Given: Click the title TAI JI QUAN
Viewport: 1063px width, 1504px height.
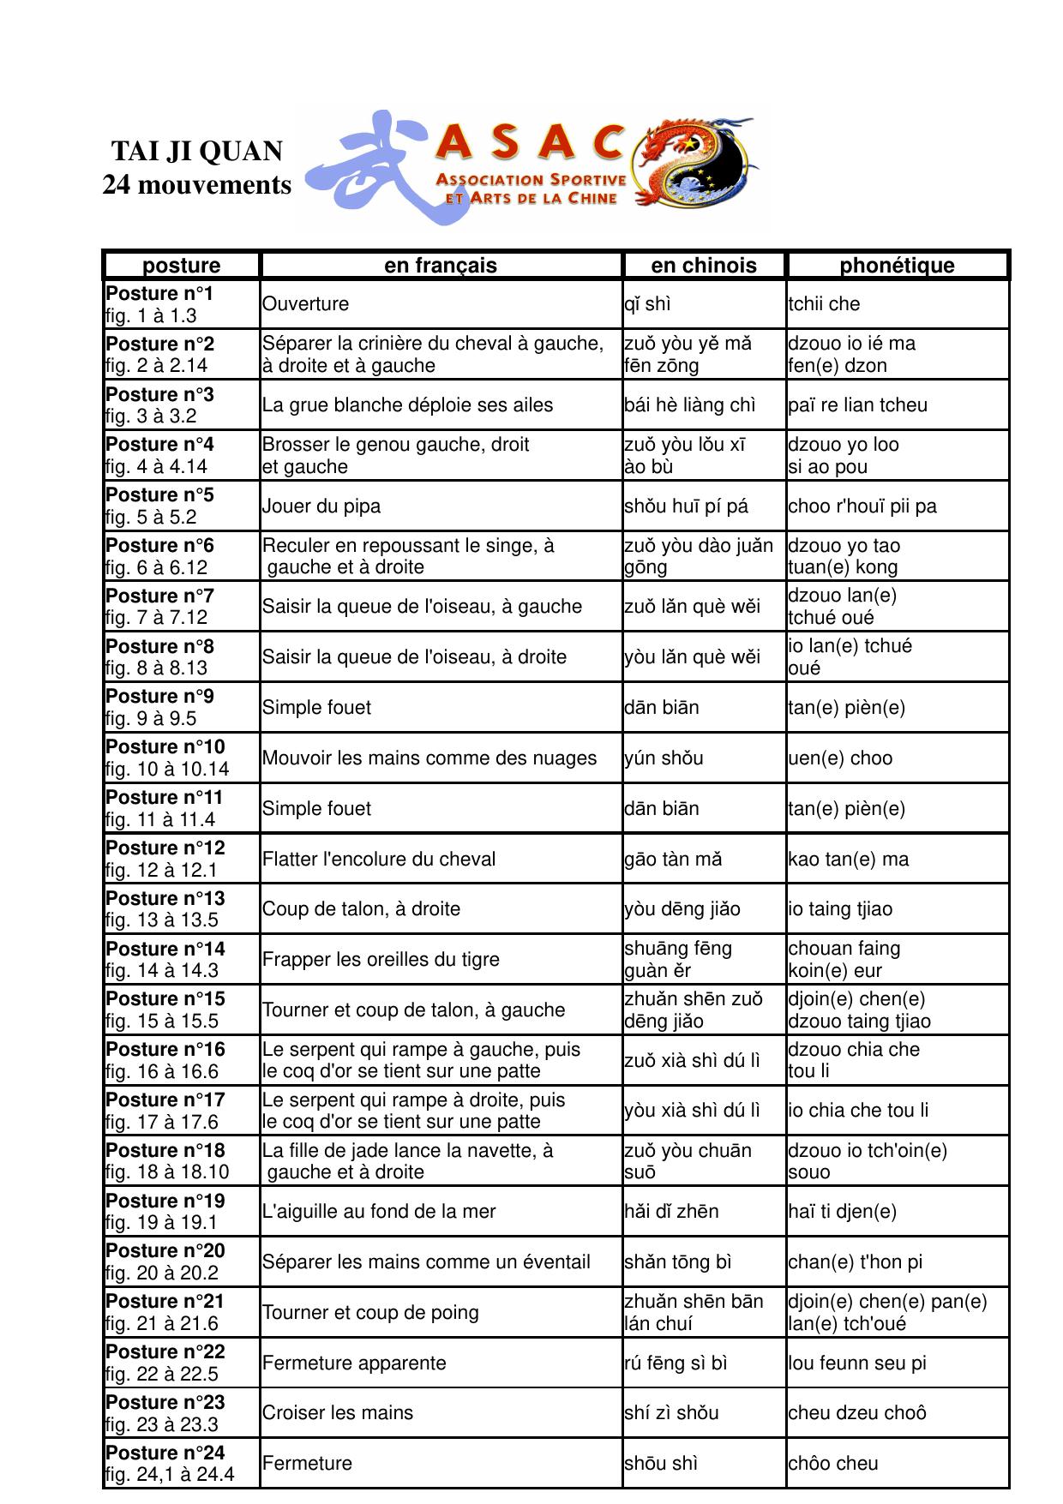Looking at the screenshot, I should (x=196, y=152).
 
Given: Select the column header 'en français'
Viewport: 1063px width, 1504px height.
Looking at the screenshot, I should (x=440, y=266).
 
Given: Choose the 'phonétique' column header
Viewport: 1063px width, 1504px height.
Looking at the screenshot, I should (x=897, y=266).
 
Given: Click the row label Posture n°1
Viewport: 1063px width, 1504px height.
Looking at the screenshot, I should (x=159, y=294).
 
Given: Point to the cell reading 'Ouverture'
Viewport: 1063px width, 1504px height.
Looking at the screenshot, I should (x=306, y=304).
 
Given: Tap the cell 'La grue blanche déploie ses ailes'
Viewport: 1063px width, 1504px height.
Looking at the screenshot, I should (x=407, y=405).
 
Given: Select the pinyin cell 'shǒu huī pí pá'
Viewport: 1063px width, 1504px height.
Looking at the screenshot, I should (x=686, y=506).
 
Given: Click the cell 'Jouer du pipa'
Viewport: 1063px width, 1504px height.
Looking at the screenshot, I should (x=321, y=506).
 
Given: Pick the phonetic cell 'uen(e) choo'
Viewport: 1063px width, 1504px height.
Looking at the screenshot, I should (x=840, y=758).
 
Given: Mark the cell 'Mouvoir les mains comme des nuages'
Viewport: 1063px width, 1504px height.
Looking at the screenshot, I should (x=429, y=758).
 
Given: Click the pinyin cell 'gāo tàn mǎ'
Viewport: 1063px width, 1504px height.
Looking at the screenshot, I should (x=673, y=860).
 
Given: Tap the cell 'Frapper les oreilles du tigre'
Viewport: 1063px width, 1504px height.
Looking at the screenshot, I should (x=381, y=960).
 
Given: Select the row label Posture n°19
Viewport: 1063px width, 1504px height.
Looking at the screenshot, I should (x=165, y=1201).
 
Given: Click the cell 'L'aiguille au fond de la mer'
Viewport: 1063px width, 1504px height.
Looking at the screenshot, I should (x=379, y=1212).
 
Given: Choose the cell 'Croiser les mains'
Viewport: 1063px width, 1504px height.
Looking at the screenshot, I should (x=338, y=1413).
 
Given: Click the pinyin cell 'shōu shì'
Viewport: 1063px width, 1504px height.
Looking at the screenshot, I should (x=661, y=1464).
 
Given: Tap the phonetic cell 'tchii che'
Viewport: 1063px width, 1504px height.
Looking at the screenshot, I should (x=824, y=304).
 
